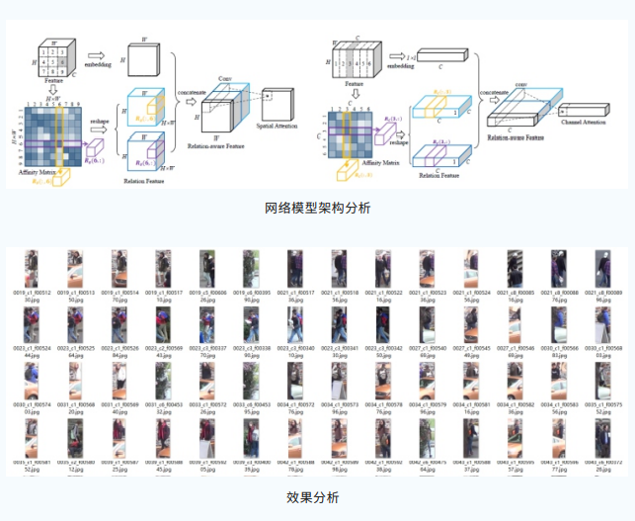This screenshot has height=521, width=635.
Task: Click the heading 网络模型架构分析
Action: (317, 209)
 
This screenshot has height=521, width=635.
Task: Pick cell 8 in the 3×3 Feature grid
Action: (52, 71)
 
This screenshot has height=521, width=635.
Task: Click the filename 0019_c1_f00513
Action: (75, 293)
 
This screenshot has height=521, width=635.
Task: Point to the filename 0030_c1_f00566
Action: (558, 348)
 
